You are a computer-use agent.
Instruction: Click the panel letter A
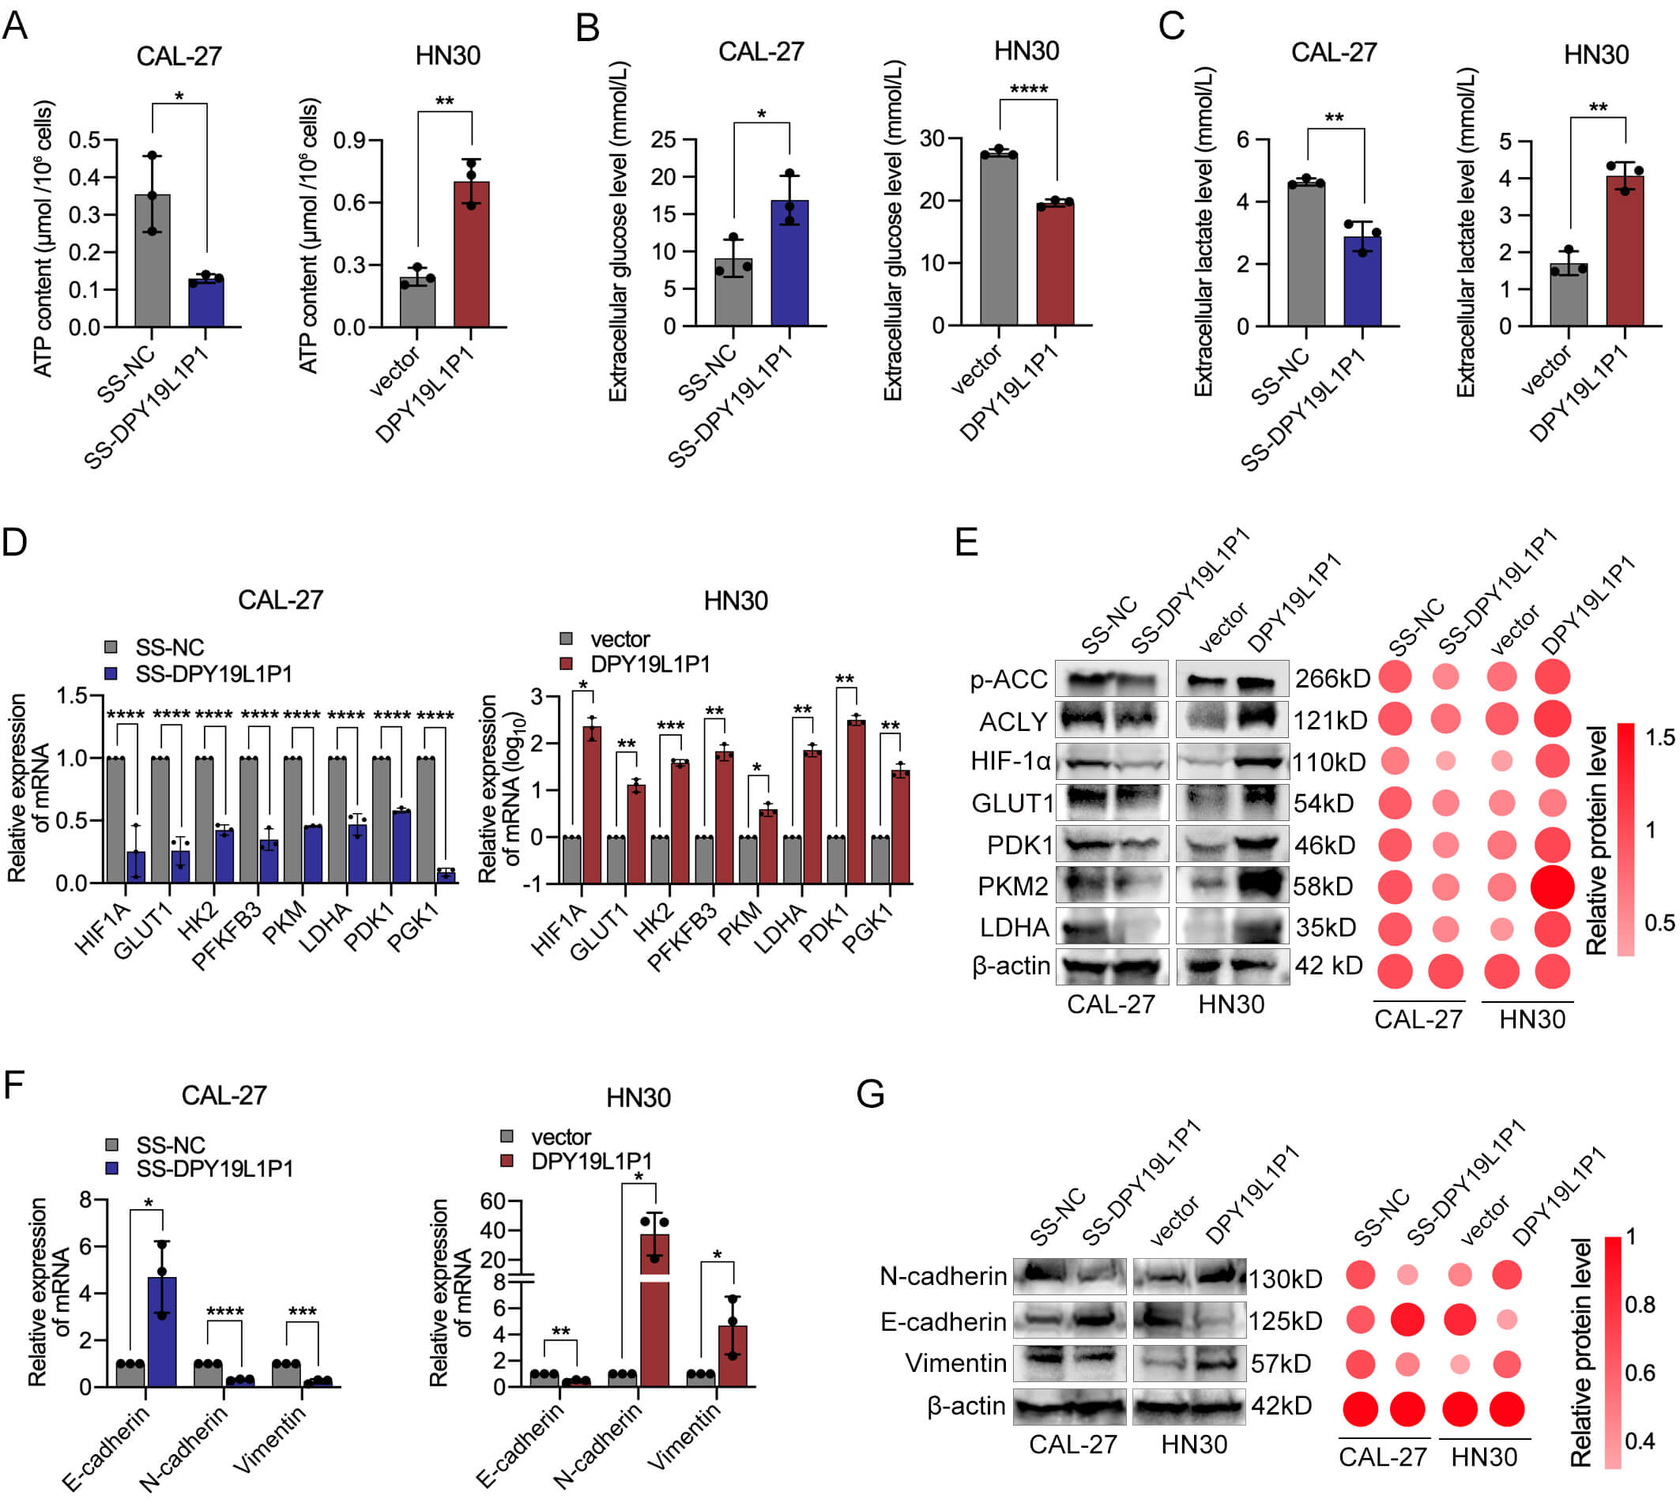[x=15, y=24]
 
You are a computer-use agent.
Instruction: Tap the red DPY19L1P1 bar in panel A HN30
[x=471, y=254]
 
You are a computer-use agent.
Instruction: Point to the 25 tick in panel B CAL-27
[x=663, y=139]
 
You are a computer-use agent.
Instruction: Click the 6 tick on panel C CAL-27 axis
[x=1242, y=139]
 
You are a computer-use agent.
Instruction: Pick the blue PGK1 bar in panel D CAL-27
[x=446, y=876]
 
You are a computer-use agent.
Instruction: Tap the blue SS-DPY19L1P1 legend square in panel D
[x=111, y=673]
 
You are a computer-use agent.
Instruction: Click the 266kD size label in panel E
[x=1332, y=678]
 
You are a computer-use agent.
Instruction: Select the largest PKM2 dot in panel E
[x=1552, y=886]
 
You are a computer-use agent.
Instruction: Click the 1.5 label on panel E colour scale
[x=1660, y=737]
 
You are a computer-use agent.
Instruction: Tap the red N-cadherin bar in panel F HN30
[x=654, y=1309]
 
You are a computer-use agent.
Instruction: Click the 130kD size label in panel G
[x=1284, y=1279]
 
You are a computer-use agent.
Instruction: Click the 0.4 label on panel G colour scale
[x=1640, y=1441]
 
